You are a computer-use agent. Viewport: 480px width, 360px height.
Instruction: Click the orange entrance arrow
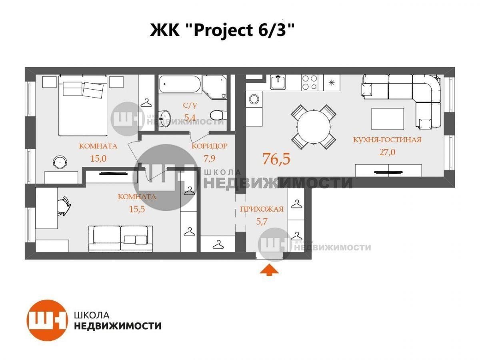(269, 270)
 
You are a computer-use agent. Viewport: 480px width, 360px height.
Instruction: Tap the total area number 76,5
(276, 159)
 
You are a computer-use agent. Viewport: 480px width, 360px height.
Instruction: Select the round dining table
(314, 127)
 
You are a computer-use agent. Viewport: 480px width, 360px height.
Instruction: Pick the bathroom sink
(165, 118)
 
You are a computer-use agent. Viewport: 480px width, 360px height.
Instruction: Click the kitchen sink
(278, 82)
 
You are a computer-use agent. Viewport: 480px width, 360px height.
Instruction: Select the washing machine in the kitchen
(254, 99)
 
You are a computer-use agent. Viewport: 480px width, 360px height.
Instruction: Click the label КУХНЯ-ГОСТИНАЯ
(387, 140)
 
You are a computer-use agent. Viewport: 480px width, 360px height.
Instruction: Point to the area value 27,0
(387, 152)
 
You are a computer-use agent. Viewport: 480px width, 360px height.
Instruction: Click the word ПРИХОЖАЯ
(262, 209)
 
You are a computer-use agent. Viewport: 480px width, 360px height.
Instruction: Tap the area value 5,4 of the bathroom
(190, 118)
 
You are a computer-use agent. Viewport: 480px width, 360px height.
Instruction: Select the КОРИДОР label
(210, 146)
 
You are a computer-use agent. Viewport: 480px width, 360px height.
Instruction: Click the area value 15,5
(137, 209)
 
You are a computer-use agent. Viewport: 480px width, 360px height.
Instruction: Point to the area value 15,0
(98, 158)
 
